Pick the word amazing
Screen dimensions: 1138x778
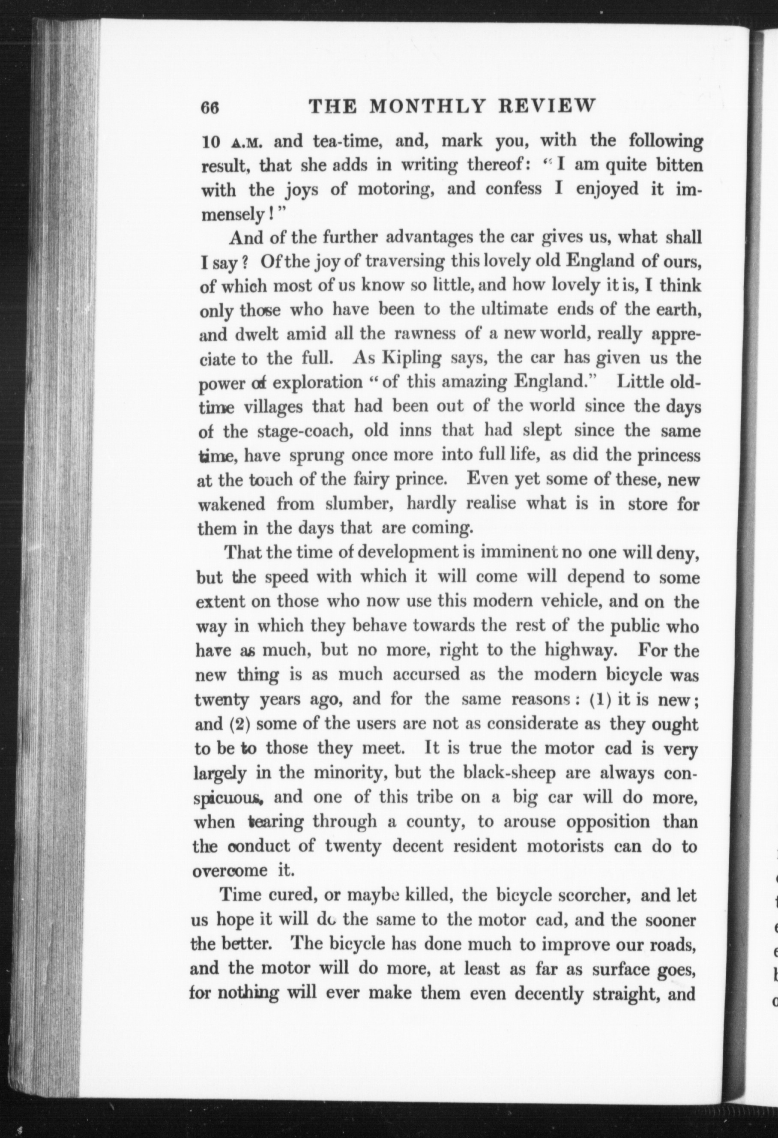click(x=473, y=382)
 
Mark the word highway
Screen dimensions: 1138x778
click(x=580, y=650)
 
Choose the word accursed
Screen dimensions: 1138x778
click(x=426, y=674)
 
